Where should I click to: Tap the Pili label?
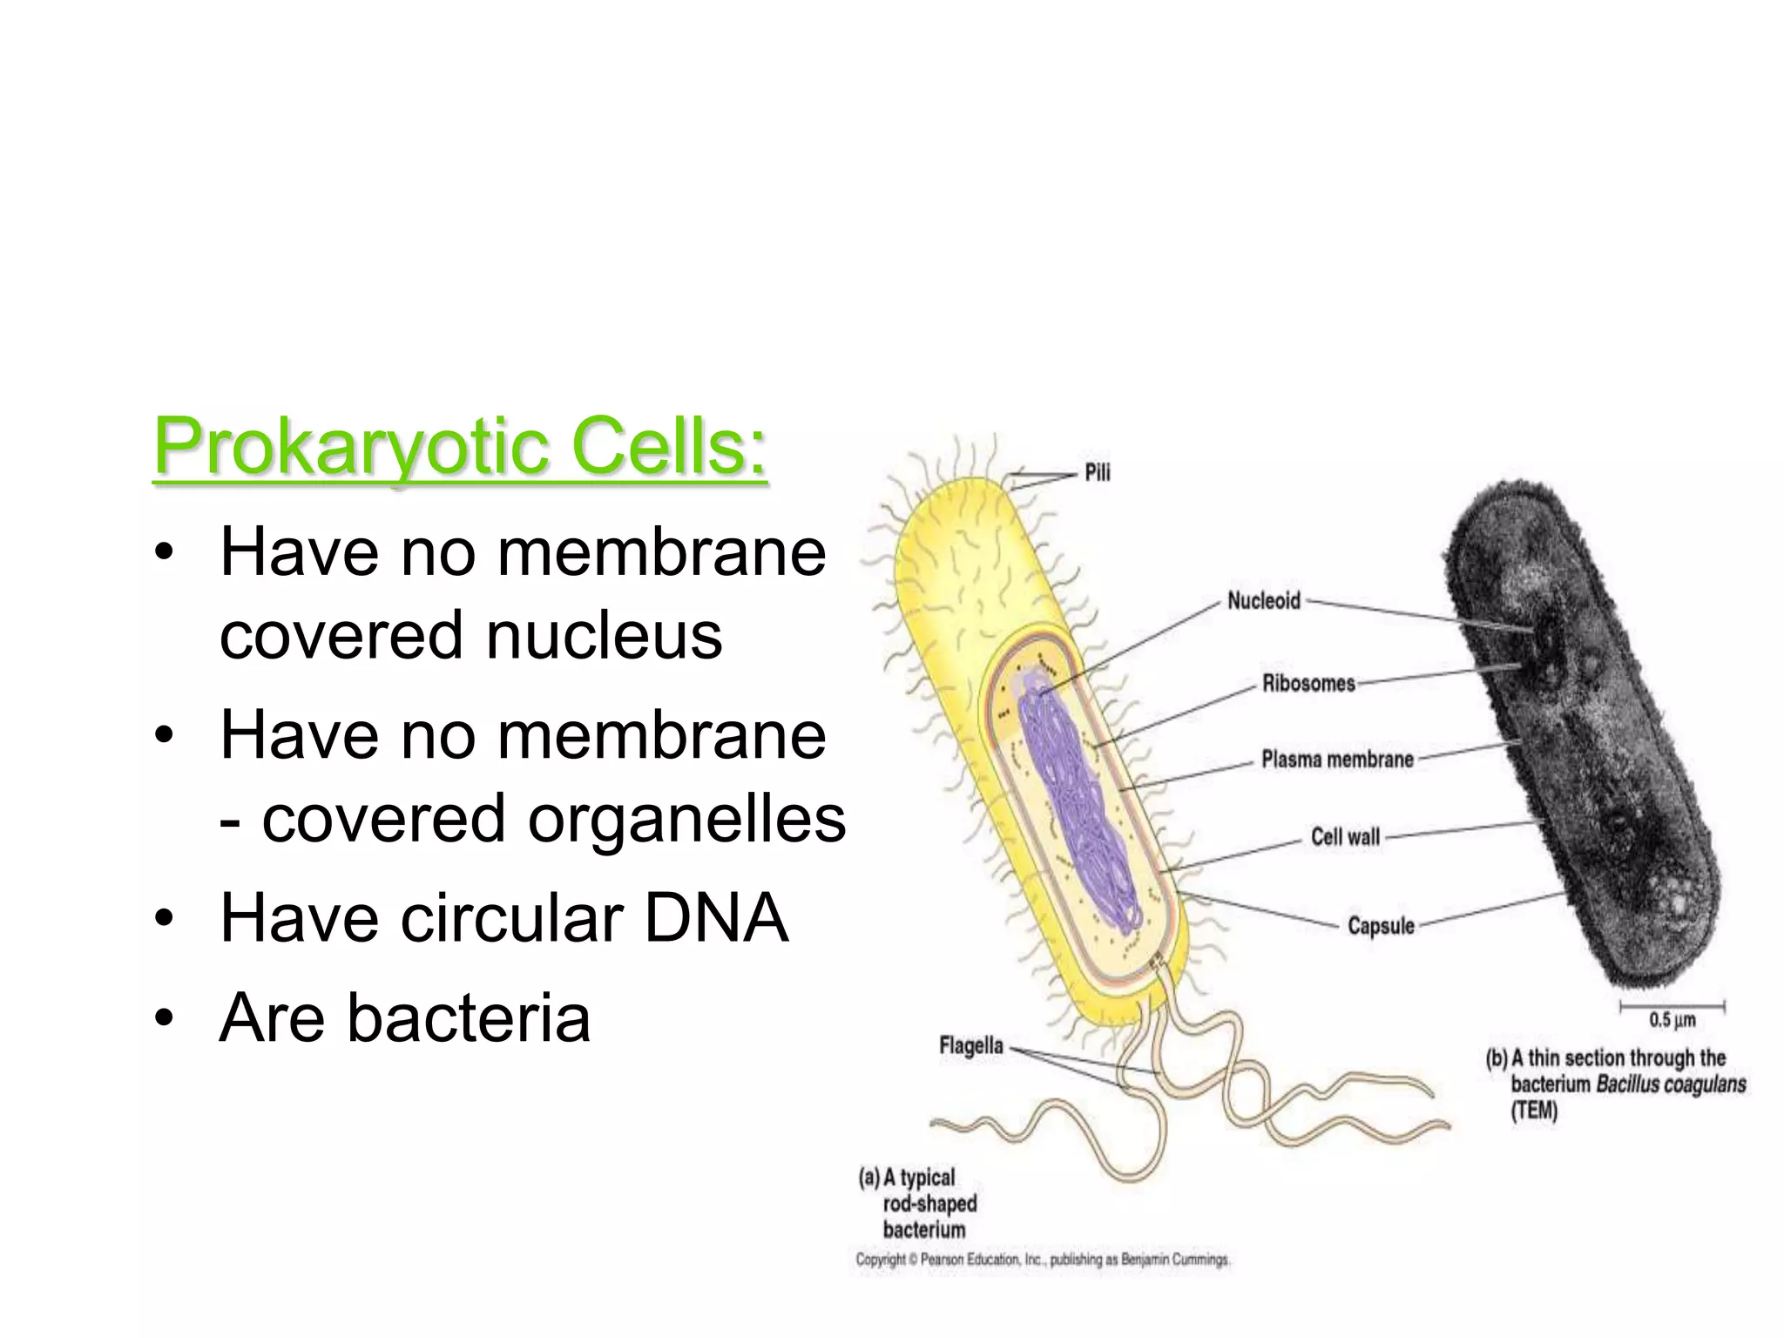[x=1097, y=473]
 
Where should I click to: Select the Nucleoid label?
[x=1263, y=601]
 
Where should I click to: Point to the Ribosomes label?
[x=1308, y=684]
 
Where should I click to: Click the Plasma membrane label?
[x=1337, y=760]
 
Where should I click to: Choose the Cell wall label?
[x=1345, y=837]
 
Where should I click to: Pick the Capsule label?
[x=1381, y=925]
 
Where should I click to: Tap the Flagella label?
[x=971, y=1045]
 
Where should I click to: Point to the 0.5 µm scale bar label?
[x=1672, y=1020]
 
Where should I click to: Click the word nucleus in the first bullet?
[x=604, y=634]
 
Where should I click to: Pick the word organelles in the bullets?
[x=686, y=819]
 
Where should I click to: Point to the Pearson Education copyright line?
[x=1042, y=1260]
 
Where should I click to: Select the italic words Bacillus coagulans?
[x=1671, y=1085]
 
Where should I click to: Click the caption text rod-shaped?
[x=929, y=1204]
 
